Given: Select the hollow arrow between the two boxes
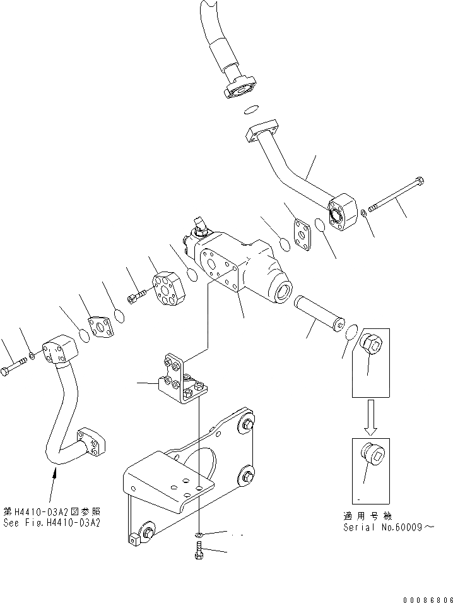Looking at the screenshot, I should click(x=370, y=417).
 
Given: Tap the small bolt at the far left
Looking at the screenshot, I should click(x=15, y=367).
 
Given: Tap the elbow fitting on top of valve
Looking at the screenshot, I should click(x=199, y=227).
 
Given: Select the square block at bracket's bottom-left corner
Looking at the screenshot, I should click(x=134, y=540).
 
